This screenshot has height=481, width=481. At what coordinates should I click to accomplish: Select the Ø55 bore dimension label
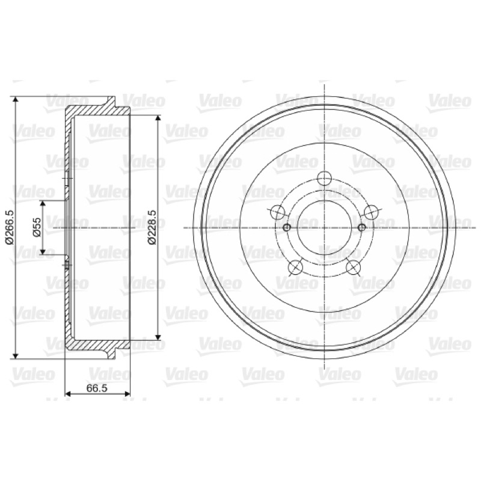(x=37, y=227)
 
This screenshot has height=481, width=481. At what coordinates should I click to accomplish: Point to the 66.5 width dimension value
(x=97, y=388)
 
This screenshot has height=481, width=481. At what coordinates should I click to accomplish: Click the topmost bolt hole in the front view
(x=324, y=178)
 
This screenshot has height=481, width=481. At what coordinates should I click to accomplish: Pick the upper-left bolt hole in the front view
(x=278, y=212)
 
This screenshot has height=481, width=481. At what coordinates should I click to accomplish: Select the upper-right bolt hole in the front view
(x=370, y=212)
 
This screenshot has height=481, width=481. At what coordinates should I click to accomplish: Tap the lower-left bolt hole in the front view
(x=296, y=266)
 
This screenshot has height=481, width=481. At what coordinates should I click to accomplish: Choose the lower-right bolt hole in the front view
(x=353, y=266)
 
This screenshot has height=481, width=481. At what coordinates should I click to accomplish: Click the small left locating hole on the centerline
(x=287, y=228)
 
